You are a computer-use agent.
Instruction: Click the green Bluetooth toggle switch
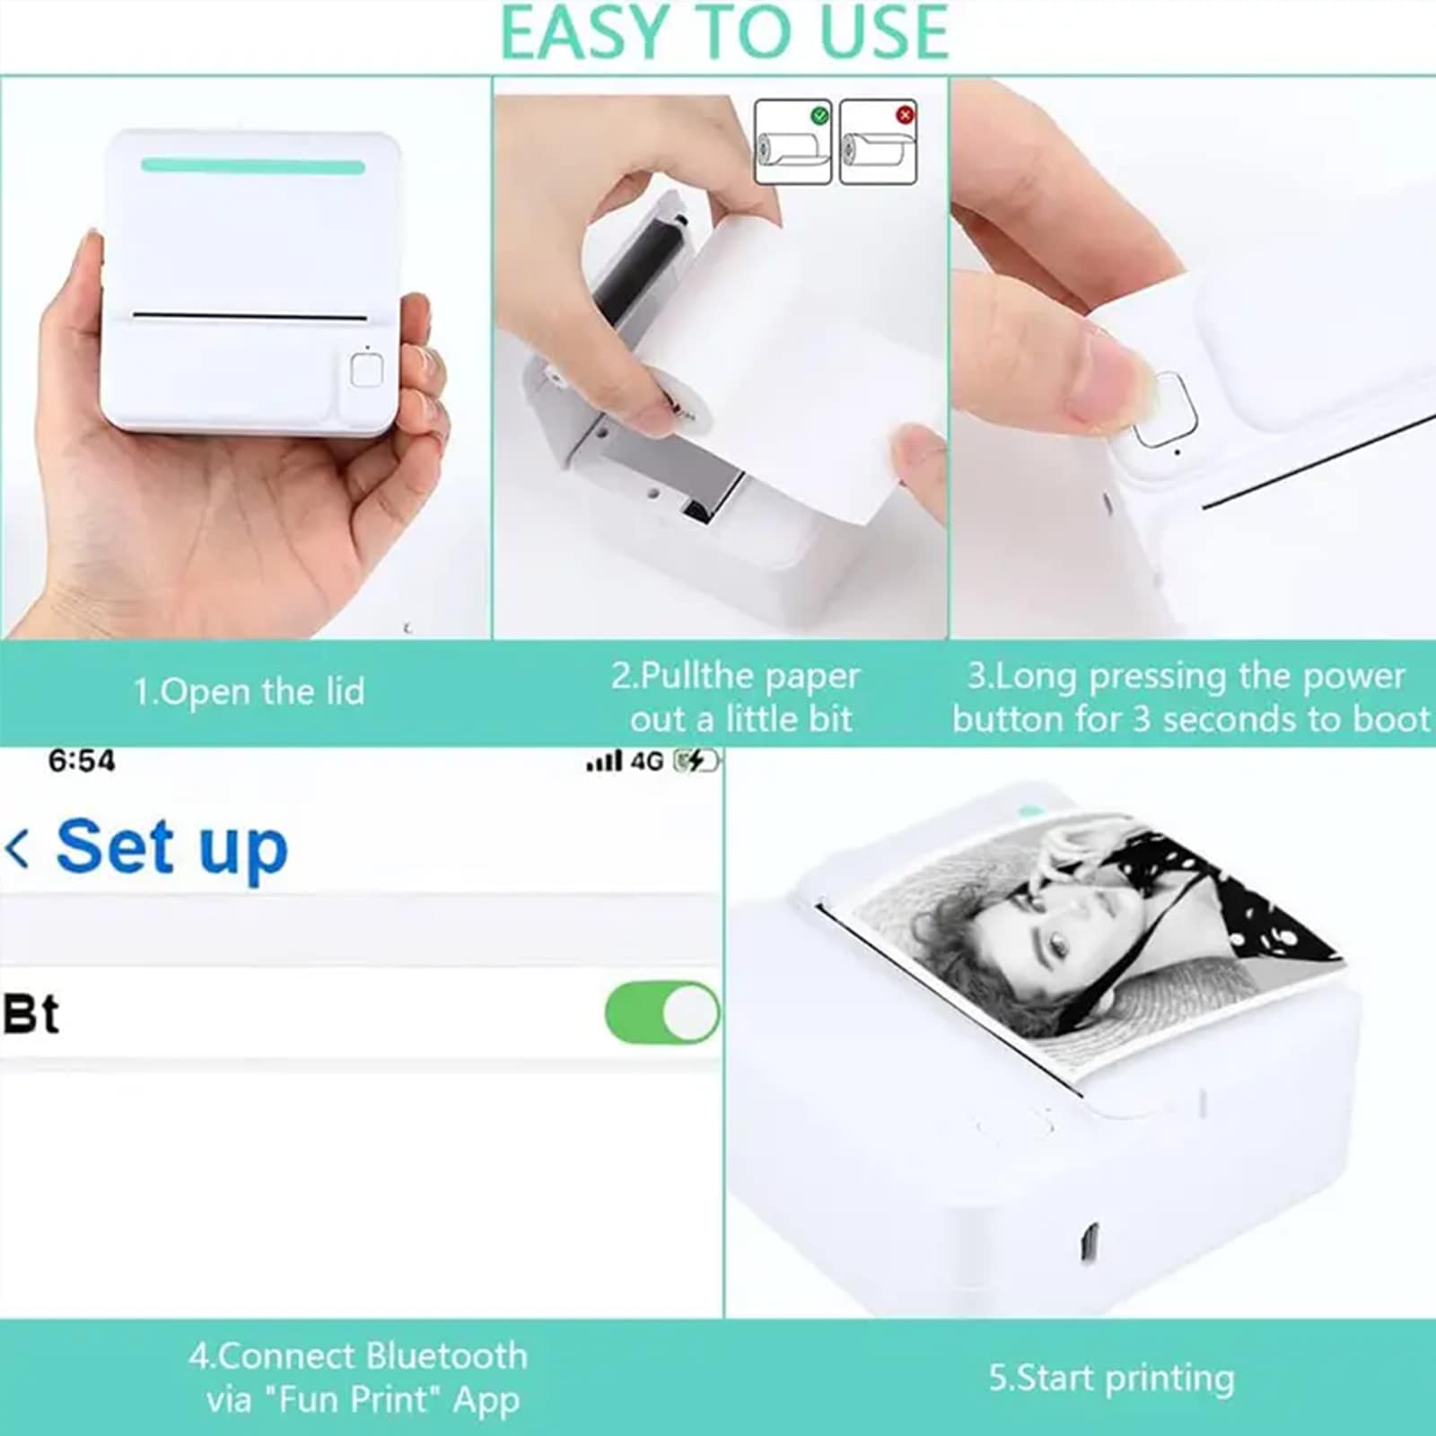click(x=662, y=1013)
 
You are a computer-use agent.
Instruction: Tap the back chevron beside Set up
click(x=17, y=848)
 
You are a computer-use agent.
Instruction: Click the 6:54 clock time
click(x=82, y=761)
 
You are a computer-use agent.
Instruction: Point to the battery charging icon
click(x=697, y=761)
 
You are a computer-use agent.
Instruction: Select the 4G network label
click(x=646, y=761)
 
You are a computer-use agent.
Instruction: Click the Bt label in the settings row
click(x=31, y=1014)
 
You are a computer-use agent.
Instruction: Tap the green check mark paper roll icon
click(x=792, y=142)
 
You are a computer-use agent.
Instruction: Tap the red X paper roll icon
click(x=878, y=142)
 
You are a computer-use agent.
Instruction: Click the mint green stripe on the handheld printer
click(x=253, y=166)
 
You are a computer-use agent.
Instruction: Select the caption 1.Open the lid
click(x=249, y=692)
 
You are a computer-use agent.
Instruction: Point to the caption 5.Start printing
click(x=1111, y=1378)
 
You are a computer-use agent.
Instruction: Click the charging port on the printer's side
click(x=1087, y=1242)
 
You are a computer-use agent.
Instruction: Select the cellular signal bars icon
click(x=604, y=762)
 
